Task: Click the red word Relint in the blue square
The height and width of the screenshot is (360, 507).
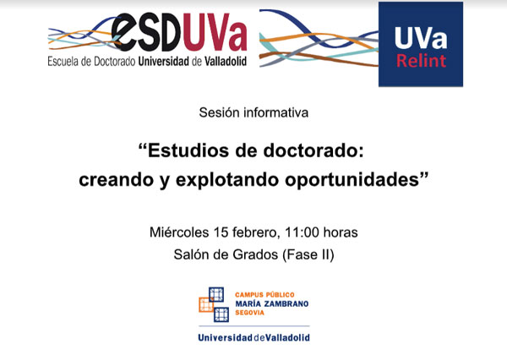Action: [421, 61]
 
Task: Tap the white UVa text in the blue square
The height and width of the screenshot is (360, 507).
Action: [421, 38]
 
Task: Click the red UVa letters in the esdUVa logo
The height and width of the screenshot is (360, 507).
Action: [214, 32]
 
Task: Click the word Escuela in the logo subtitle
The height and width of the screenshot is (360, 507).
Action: [63, 61]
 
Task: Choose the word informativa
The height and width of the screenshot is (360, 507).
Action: [275, 112]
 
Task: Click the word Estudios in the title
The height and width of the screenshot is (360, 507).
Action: [187, 151]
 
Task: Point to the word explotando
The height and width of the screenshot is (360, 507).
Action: [227, 180]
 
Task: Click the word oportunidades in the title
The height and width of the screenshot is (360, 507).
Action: [352, 180]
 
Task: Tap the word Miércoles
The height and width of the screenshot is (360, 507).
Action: [179, 232]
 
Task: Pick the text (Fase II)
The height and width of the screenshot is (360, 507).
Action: [308, 255]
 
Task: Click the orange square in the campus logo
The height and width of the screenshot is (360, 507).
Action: [206, 305]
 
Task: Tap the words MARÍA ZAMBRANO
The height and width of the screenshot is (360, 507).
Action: [272, 303]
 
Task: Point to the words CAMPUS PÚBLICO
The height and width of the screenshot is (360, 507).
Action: [264, 295]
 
